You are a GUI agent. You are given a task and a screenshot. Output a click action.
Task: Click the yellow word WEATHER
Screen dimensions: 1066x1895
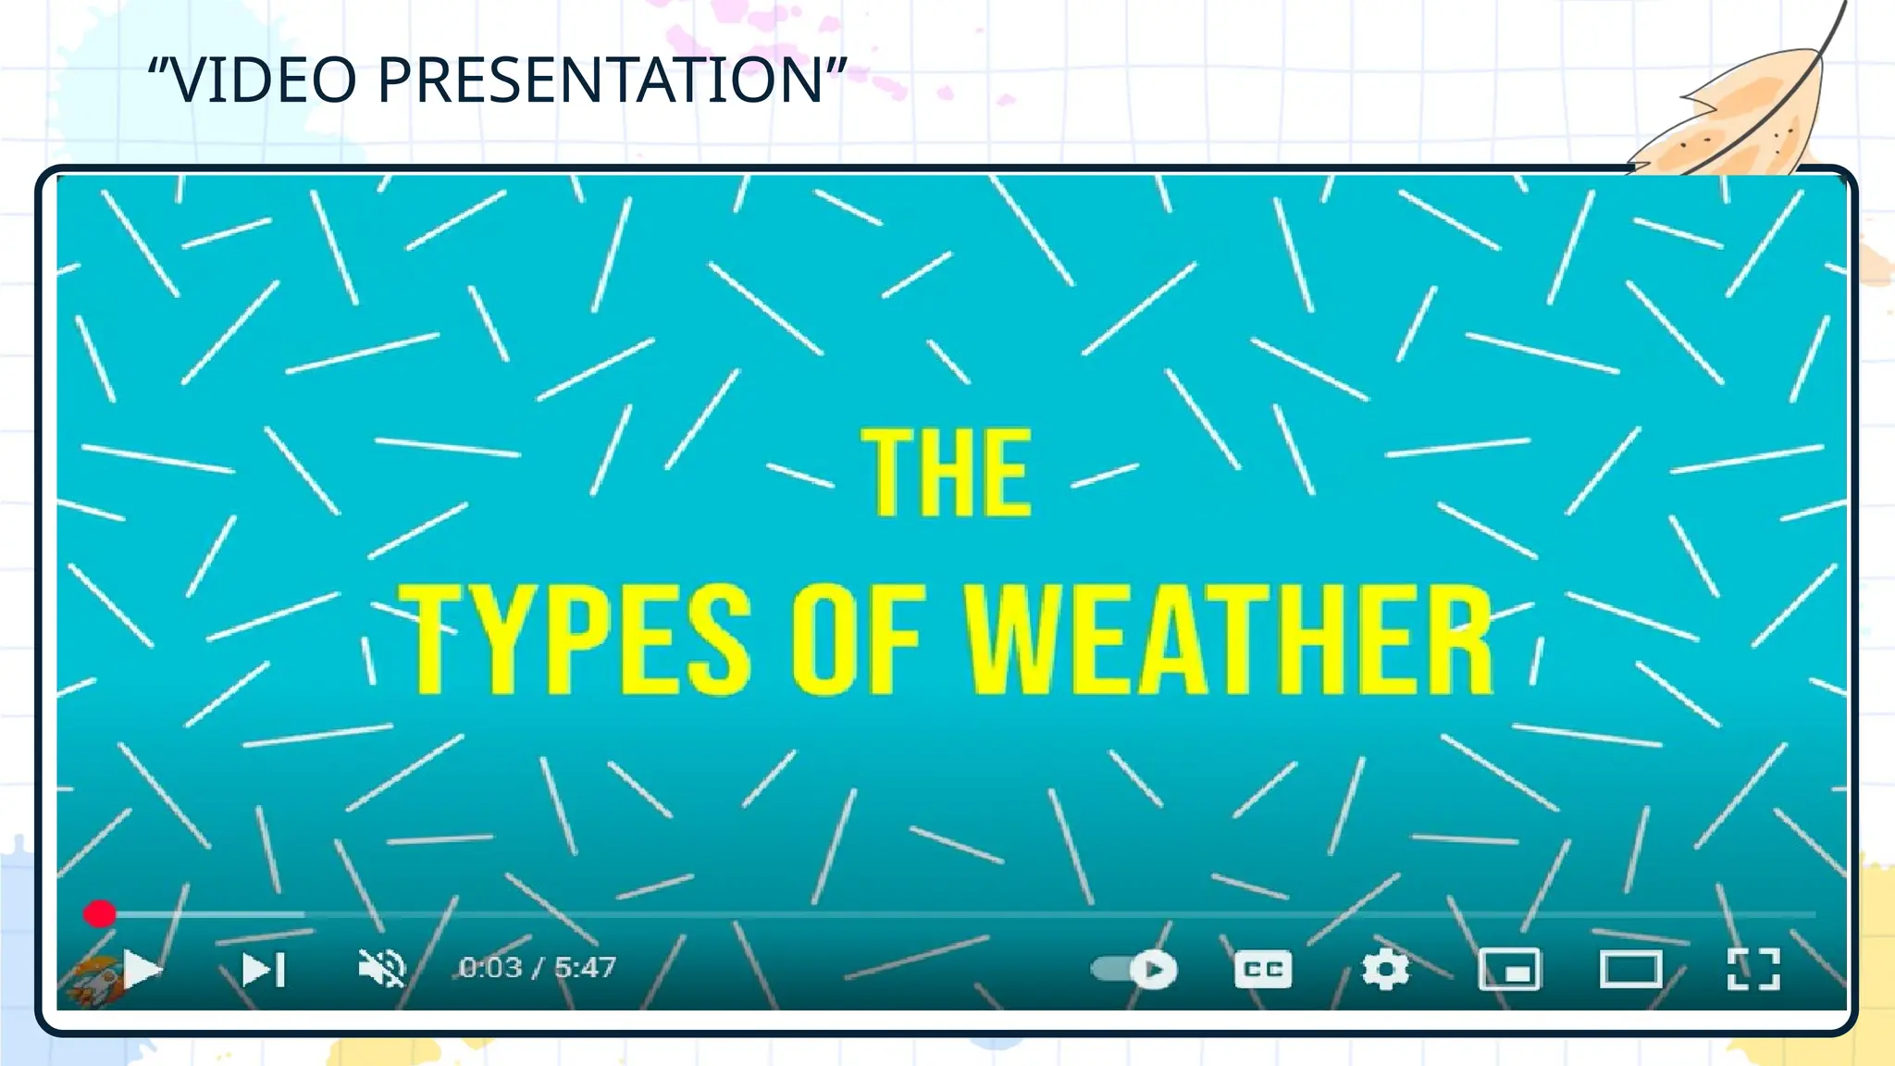(x=1230, y=639)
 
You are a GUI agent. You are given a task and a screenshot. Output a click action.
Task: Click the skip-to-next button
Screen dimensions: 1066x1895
(x=263, y=969)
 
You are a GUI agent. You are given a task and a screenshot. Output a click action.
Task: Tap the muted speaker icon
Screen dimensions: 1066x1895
(x=381, y=968)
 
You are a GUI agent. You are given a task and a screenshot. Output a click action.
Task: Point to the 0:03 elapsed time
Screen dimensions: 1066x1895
(x=490, y=968)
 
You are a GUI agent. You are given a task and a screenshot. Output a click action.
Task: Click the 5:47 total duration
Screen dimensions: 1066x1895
(x=585, y=968)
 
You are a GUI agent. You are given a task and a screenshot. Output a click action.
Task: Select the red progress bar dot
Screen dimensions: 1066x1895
(x=99, y=914)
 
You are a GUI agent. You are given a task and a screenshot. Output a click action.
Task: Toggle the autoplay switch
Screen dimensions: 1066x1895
(x=1134, y=969)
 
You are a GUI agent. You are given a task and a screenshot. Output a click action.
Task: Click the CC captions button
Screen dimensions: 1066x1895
(x=1263, y=969)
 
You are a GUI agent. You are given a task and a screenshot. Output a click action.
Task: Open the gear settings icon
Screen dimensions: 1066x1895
(x=1385, y=969)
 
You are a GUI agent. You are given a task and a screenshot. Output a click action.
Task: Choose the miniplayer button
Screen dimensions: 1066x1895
(x=1509, y=969)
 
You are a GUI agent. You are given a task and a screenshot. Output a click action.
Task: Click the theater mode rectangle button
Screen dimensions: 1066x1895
(x=1630, y=969)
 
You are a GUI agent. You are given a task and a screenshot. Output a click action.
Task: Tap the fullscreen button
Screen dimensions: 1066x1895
(x=1753, y=969)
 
